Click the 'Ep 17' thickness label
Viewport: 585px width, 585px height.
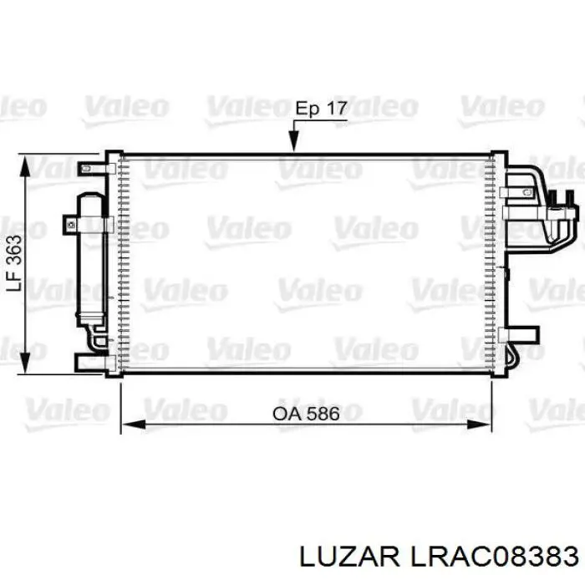pos(320,109)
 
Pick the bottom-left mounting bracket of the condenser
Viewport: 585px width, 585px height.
pos(92,362)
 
